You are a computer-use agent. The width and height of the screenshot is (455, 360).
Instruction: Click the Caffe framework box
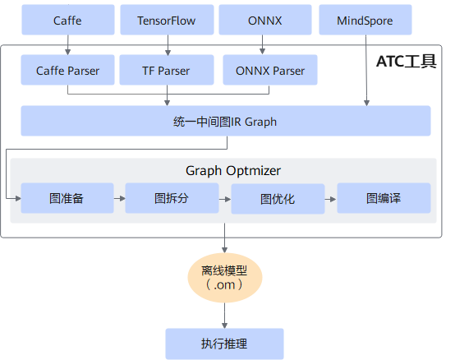pyautogui.click(x=68, y=20)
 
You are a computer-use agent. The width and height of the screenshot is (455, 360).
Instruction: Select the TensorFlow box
pyautogui.click(x=167, y=20)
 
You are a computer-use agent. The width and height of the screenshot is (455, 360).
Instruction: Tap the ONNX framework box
pyautogui.click(x=265, y=20)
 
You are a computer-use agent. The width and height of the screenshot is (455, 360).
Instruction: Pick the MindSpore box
pyautogui.click(x=365, y=20)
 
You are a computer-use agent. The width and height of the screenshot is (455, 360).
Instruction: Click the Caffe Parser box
pyautogui.click(x=67, y=70)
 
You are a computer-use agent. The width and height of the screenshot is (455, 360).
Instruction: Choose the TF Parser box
pyautogui.click(x=167, y=70)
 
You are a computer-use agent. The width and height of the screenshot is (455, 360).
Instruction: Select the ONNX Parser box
pyautogui.click(x=270, y=70)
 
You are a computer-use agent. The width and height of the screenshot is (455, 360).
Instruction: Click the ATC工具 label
pyautogui.click(x=407, y=62)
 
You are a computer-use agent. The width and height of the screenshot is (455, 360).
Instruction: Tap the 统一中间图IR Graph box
pyautogui.click(x=226, y=121)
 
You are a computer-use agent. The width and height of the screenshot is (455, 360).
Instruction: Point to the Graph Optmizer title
pyautogui.click(x=233, y=170)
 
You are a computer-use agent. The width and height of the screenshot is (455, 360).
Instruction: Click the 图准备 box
pyautogui.click(x=67, y=198)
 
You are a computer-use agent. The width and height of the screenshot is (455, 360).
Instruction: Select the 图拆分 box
pyautogui.click(x=172, y=198)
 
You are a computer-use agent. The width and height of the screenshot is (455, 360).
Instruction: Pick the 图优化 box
pyautogui.click(x=278, y=199)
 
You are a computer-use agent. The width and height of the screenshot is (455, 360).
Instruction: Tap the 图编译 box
pyautogui.click(x=384, y=198)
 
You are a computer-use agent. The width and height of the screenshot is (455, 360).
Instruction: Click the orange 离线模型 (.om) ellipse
pyautogui.click(x=225, y=278)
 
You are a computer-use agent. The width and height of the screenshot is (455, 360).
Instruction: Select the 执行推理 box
pyautogui.click(x=224, y=344)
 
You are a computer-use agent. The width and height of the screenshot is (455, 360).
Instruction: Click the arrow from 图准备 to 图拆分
pyautogui.click(x=120, y=199)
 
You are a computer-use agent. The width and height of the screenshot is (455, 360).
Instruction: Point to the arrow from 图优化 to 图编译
pyautogui.click(x=331, y=200)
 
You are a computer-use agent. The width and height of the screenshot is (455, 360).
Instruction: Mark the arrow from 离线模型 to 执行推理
pyautogui.click(x=224, y=316)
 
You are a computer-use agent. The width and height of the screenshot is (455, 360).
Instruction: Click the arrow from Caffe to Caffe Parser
pyautogui.click(x=68, y=45)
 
